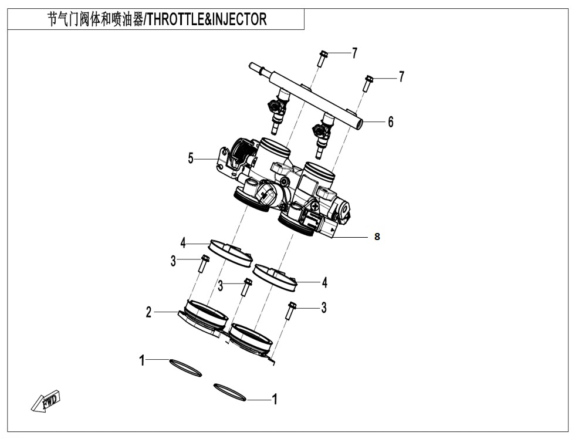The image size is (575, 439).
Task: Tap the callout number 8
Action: point(377,237)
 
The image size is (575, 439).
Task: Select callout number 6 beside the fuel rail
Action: point(390,122)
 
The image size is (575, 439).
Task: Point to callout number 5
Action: point(191,158)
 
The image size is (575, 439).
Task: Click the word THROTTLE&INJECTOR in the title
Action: point(206,19)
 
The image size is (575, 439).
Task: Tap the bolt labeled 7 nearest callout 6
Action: point(368,83)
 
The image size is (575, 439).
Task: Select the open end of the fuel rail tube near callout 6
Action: point(359,124)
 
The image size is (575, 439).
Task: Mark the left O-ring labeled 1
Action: point(185,367)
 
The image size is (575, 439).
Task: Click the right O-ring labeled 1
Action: point(230,392)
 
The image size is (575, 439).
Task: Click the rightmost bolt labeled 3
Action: point(291,310)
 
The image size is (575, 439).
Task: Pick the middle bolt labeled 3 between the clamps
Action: point(247,287)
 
